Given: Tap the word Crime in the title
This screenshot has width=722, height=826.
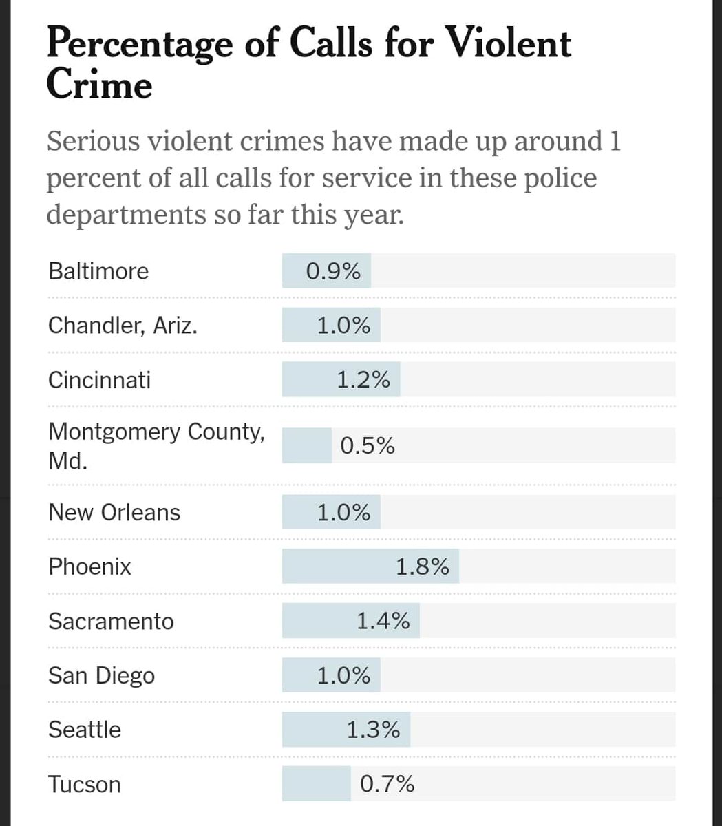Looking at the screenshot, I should [99, 86].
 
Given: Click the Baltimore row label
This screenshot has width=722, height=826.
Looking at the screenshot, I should [98, 271].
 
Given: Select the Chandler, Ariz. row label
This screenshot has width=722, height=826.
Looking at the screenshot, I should [123, 325].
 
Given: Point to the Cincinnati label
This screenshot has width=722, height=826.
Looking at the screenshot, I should [99, 380].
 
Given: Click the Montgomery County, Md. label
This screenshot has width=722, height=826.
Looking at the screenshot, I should [156, 445].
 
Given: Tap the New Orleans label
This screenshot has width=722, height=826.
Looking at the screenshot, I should [114, 513].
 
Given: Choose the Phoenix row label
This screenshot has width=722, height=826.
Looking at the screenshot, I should [89, 567].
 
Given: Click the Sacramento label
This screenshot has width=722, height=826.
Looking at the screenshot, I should [111, 622].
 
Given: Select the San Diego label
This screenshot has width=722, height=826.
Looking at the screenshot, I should [101, 676].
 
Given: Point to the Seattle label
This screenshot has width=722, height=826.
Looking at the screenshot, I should [84, 730].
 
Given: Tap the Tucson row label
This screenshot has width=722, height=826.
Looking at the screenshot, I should [84, 785].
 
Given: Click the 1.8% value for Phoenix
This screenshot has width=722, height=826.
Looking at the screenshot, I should [423, 567].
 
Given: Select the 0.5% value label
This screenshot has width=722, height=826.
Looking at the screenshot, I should [368, 446].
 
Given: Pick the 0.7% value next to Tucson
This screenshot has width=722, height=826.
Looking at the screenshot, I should [387, 784].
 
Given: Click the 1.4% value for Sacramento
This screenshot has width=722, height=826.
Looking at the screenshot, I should [383, 622].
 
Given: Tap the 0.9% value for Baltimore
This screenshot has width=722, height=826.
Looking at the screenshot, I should [333, 271].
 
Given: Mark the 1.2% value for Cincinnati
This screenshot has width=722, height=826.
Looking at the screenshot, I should [363, 380].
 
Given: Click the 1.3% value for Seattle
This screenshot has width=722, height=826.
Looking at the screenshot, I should [373, 730].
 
